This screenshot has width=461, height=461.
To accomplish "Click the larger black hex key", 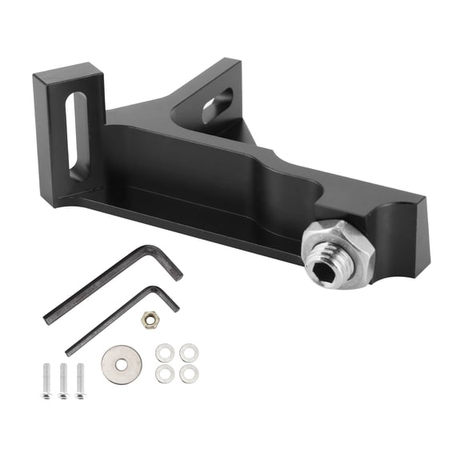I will pyautogui.click(x=104, y=287).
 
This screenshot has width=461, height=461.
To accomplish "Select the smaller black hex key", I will pyautogui.click(x=120, y=321).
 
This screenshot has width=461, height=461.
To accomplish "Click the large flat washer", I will pyautogui.click(x=122, y=365).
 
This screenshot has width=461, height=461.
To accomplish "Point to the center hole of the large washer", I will pyautogui.click(x=122, y=365).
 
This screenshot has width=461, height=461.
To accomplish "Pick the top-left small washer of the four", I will pyautogui.click(x=164, y=352).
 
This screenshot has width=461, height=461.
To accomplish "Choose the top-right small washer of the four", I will pyautogui.click(x=187, y=352).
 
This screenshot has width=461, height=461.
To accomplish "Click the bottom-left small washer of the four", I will pyautogui.click(x=164, y=373).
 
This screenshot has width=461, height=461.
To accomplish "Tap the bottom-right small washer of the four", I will pyautogui.click(x=187, y=373).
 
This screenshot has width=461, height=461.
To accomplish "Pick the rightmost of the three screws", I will pyautogui.click(x=80, y=380).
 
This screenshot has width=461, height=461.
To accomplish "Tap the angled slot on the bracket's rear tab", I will pyautogui.click(x=217, y=105).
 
